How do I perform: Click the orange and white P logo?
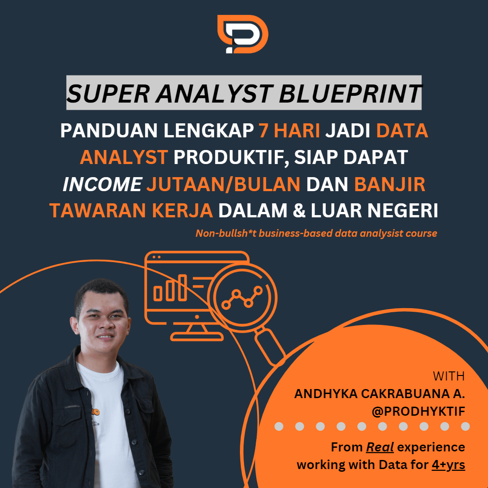click(243, 34)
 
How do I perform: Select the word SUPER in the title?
click(108, 94)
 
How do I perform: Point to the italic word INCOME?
click(103, 184)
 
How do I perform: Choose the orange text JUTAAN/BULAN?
click(224, 184)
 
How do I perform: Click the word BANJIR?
click(389, 184)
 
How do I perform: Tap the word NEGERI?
click(403, 211)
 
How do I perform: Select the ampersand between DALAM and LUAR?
click(299, 211)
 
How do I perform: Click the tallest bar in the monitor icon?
click(182, 287)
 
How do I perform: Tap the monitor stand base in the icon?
click(197, 337)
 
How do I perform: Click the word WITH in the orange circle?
click(449, 376)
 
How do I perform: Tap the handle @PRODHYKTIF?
click(418, 412)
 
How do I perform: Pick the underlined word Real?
click(380, 447)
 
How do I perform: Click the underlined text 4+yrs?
click(448, 465)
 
